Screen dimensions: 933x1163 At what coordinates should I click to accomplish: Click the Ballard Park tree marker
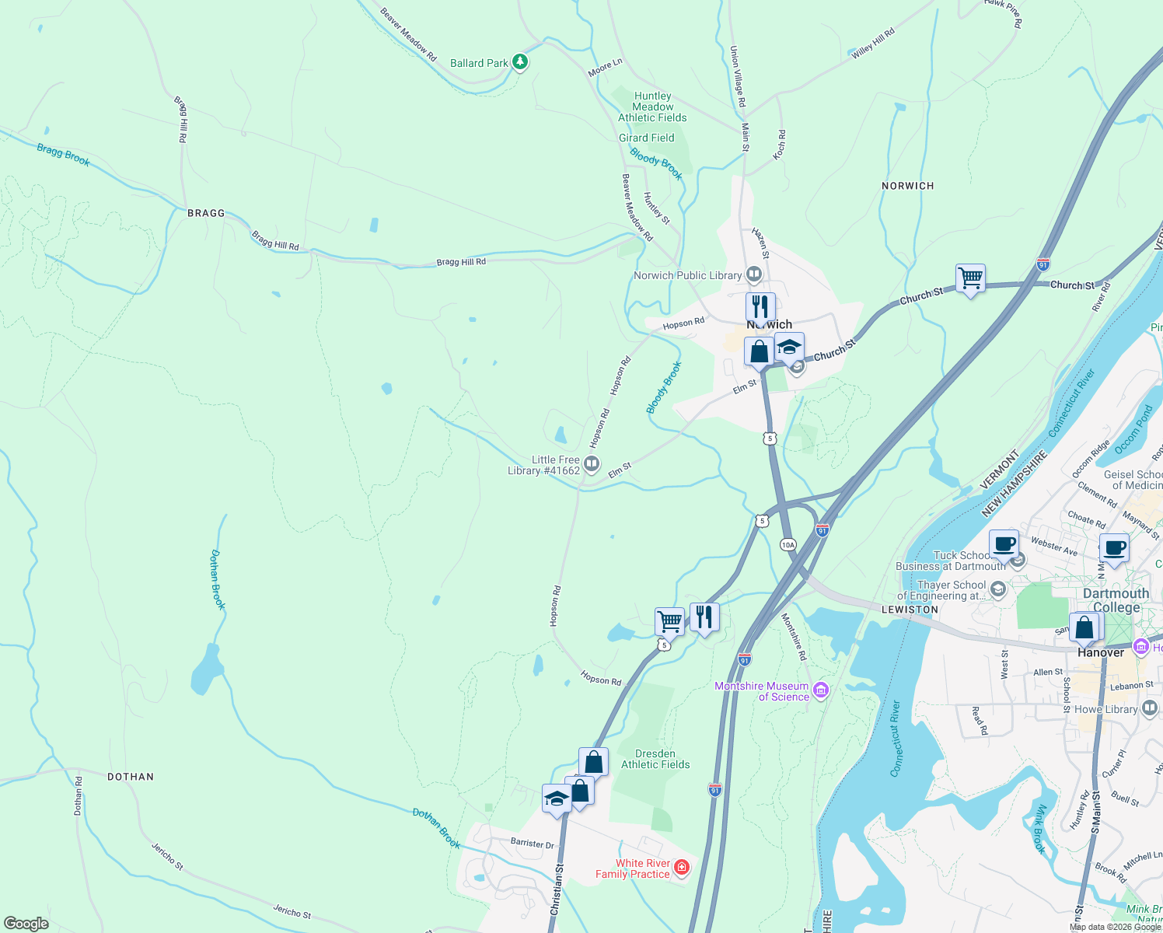click(x=520, y=62)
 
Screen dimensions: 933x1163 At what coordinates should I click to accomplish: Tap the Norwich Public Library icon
click(x=753, y=274)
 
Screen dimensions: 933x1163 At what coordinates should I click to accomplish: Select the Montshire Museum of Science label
click(x=761, y=691)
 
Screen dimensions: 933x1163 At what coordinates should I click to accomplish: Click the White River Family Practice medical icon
click(x=682, y=867)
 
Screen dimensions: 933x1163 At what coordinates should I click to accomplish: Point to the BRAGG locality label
click(x=206, y=213)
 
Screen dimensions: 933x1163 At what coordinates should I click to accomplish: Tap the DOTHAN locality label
click(x=131, y=777)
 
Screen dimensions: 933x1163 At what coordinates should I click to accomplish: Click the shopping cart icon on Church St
click(x=970, y=278)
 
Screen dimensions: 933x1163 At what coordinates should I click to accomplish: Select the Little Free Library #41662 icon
click(x=592, y=465)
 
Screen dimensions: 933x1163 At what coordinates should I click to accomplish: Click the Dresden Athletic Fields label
click(x=655, y=759)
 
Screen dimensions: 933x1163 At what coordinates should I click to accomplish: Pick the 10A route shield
click(x=788, y=544)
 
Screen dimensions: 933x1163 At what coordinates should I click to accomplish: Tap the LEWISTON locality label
click(x=910, y=610)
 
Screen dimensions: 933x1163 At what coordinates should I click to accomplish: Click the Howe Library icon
click(x=1150, y=709)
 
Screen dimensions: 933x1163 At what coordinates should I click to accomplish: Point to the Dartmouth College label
click(x=1116, y=600)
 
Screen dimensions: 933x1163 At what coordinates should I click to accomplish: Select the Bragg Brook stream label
click(x=64, y=155)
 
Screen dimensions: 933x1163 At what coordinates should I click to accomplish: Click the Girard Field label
click(x=646, y=138)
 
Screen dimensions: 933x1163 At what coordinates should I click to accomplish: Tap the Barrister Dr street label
click(x=533, y=844)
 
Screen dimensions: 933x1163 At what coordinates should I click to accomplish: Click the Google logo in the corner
click(x=26, y=924)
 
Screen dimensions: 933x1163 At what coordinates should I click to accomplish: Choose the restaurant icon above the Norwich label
click(x=760, y=306)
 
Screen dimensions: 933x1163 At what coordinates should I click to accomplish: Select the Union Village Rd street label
click(x=737, y=76)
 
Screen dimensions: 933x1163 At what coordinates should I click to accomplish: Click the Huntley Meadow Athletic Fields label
click(x=652, y=107)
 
